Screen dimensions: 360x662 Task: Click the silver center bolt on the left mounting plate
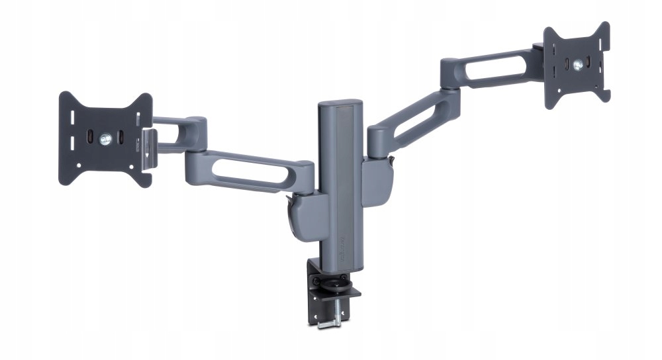(104, 139)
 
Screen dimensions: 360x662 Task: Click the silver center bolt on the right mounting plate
(579, 64)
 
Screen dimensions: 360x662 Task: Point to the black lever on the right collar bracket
(393, 160)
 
